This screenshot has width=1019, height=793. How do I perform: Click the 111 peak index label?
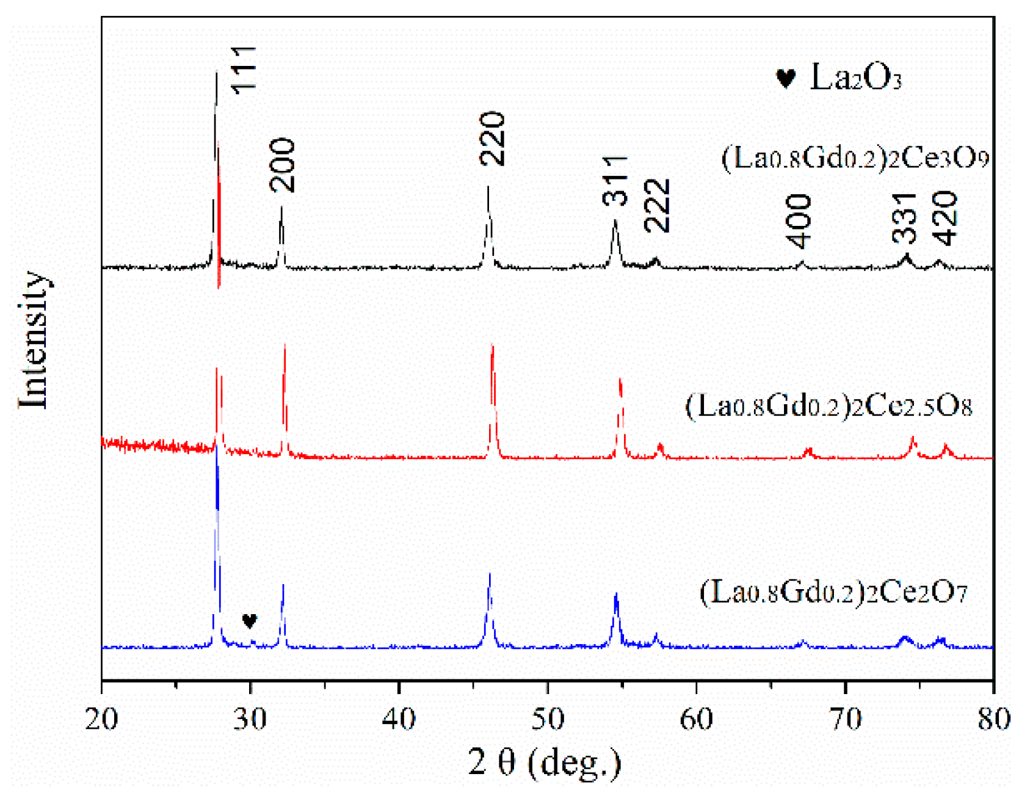point(245,70)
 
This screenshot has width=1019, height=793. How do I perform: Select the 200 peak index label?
point(283,165)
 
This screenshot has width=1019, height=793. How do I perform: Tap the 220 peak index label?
point(493,139)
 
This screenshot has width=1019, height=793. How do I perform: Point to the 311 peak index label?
point(615,181)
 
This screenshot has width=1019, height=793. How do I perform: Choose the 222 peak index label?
point(658,206)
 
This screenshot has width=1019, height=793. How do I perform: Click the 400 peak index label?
point(799,222)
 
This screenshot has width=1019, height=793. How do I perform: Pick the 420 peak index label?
point(946,218)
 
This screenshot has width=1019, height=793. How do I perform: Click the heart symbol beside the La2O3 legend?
point(786,79)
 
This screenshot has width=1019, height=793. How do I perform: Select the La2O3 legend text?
point(855,78)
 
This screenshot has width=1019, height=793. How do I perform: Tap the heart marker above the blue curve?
point(249,621)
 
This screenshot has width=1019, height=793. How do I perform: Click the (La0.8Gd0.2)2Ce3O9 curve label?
point(855,158)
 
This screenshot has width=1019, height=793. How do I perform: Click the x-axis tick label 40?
point(399,719)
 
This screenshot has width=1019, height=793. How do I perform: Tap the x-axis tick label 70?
point(846,719)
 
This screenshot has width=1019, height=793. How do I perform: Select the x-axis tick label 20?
point(101,719)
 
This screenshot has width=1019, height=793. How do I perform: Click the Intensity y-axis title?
point(33,339)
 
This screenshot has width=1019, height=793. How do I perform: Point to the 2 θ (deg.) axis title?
point(545,762)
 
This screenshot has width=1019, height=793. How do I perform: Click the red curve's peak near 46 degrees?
point(493,348)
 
